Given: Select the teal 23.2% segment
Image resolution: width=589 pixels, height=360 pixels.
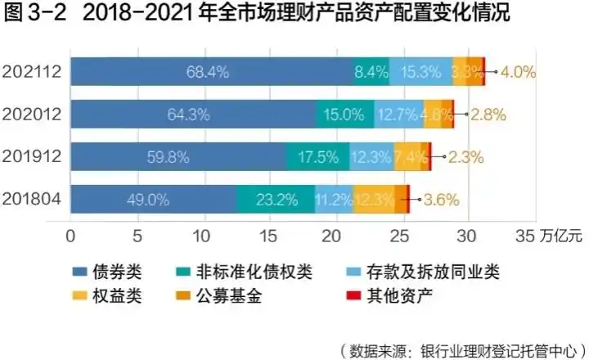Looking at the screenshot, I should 275,199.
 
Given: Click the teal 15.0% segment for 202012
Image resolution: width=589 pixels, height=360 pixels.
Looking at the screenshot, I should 345,115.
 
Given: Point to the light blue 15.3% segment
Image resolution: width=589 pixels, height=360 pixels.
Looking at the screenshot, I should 420,72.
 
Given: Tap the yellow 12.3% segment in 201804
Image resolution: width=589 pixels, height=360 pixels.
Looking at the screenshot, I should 374,199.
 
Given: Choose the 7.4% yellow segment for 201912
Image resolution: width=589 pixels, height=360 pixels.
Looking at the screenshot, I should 410,157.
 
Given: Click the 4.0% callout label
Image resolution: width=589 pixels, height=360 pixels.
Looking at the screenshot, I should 517,72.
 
